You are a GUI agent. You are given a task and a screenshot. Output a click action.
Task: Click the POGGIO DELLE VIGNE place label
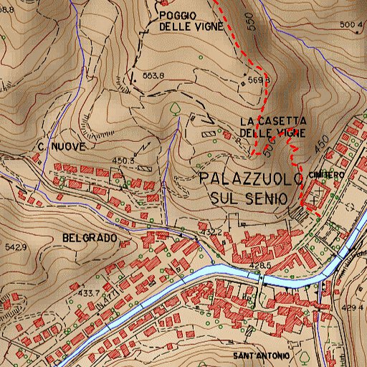tap(190, 21)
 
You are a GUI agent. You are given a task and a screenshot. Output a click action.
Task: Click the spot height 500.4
tap(349, 25)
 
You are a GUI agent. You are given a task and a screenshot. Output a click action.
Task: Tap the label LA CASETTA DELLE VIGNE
tap(273, 127)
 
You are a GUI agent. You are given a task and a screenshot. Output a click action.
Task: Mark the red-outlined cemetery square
tap(316, 195)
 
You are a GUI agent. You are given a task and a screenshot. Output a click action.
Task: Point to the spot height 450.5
tap(124, 161)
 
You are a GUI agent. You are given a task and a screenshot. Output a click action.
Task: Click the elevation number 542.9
tap(14, 247)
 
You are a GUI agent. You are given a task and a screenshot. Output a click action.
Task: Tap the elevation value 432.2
tap(210, 232)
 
